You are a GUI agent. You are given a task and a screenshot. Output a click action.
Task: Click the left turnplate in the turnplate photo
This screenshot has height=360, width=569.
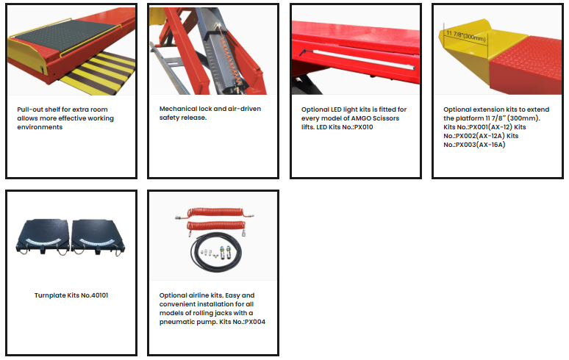[x=43, y=237]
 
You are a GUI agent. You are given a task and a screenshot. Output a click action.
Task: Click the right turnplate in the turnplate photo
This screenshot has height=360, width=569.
[x=98, y=237]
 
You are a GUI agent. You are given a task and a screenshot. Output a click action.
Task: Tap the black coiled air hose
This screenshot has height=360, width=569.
[x=216, y=252]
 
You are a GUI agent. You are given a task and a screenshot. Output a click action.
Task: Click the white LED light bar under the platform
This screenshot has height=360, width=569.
[x=363, y=60]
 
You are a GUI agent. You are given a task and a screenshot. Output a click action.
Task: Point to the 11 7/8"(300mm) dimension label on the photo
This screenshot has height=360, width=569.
[x=465, y=36]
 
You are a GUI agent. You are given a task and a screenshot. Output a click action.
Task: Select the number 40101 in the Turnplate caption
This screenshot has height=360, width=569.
[x=99, y=295]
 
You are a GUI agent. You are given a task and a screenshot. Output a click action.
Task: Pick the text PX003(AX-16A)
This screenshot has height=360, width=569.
[x=481, y=145]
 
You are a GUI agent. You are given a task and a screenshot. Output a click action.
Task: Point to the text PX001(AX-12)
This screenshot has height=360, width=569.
[x=490, y=127]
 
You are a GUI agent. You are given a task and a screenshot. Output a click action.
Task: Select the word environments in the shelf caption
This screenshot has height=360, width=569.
[x=40, y=127]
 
